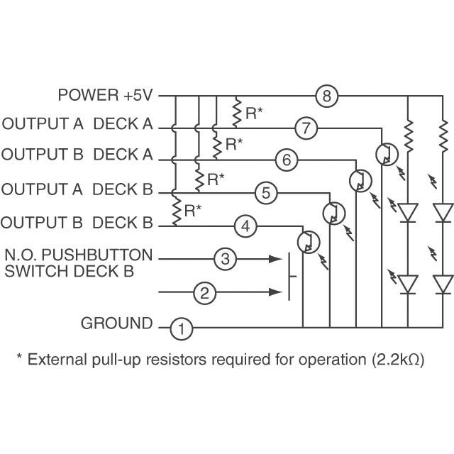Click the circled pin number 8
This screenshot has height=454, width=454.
tap(326, 96)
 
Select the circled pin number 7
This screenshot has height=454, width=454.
tap(306, 128)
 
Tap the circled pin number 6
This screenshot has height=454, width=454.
tap(286, 160)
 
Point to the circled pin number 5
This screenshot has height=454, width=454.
tap(265, 192)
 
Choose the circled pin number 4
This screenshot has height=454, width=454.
tap(245, 226)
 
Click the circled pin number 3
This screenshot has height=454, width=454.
tap(225, 258)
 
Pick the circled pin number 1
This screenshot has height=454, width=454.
tap(182, 328)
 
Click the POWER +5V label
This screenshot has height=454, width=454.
tap(106, 94)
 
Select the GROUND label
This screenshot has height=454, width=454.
tap(117, 324)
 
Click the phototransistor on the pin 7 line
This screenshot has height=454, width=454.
tap(384, 154)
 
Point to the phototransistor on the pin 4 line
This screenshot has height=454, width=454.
tap(306, 243)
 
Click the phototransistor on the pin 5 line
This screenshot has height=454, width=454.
tap(333, 212)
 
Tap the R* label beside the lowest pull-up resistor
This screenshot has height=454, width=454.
tap(192, 210)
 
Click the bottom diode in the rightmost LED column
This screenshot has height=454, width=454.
tap(443, 284)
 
